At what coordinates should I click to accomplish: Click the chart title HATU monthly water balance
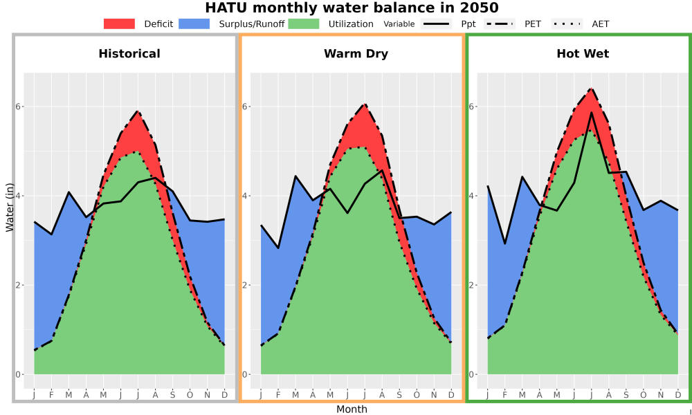[352, 8]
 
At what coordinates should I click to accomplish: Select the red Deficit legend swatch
[119, 24]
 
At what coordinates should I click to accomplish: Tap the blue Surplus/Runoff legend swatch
[194, 24]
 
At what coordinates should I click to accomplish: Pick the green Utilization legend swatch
[304, 24]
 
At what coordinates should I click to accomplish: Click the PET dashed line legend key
[500, 24]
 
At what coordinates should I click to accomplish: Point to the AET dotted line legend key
[567, 24]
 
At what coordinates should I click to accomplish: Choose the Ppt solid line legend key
[436, 24]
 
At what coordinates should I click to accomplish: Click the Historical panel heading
[129, 54]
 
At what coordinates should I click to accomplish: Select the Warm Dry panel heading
[356, 54]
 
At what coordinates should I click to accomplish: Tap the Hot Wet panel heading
[583, 54]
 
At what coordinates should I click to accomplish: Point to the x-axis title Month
[352, 409]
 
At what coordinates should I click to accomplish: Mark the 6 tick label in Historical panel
[19, 107]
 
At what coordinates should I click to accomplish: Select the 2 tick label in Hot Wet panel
[472, 285]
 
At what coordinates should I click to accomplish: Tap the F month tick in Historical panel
[52, 395]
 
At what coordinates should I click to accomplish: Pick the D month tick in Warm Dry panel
[451, 395]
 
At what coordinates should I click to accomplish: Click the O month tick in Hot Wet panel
[644, 395]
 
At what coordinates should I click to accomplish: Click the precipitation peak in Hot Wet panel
[592, 113]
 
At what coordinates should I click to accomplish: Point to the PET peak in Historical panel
[138, 111]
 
